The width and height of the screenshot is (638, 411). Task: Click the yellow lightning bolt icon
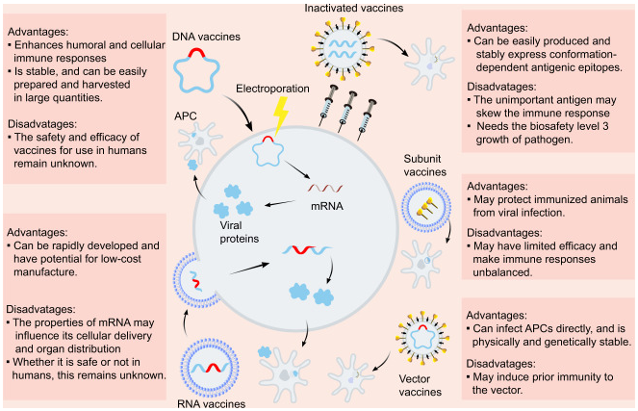(x=280, y=116)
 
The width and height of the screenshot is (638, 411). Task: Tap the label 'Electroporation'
(x=272, y=89)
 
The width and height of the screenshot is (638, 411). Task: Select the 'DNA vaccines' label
(x=206, y=37)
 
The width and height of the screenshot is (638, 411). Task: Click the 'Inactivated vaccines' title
(x=354, y=8)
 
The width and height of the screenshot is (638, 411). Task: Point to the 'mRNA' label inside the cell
(x=327, y=206)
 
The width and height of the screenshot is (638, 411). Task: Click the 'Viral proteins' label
(x=240, y=232)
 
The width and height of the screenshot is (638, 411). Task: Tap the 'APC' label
(x=186, y=116)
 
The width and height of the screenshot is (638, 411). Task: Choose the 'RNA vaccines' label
(x=211, y=404)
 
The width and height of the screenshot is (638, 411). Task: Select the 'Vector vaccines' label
(x=421, y=385)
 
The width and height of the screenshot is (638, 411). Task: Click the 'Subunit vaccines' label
(x=424, y=166)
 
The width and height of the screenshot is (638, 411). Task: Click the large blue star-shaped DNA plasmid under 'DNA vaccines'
(x=196, y=69)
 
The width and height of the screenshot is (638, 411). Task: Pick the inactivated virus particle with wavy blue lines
(x=343, y=49)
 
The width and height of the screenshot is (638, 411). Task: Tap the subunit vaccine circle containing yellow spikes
(x=426, y=207)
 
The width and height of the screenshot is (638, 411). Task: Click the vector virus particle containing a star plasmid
(x=421, y=338)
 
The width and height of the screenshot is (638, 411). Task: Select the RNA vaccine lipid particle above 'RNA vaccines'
(x=210, y=368)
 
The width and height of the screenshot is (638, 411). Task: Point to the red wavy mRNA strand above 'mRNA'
(x=325, y=188)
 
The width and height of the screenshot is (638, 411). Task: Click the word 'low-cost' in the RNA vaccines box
(x=121, y=259)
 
